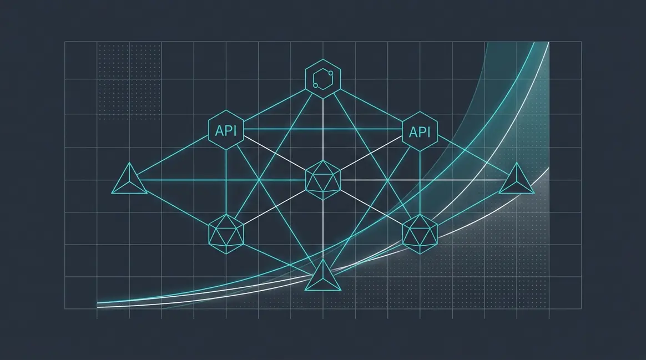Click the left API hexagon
point(226,130)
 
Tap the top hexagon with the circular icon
point(323,79)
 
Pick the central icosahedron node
point(323,180)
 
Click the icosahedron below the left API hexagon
point(226,234)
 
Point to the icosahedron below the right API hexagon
point(420,234)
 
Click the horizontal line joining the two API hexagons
point(323,130)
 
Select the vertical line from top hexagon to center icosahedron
point(323,130)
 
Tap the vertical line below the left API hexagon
point(226,182)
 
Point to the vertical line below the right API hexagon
point(420,182)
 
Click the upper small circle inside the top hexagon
point(330,73)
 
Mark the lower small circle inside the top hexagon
point(316,85)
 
